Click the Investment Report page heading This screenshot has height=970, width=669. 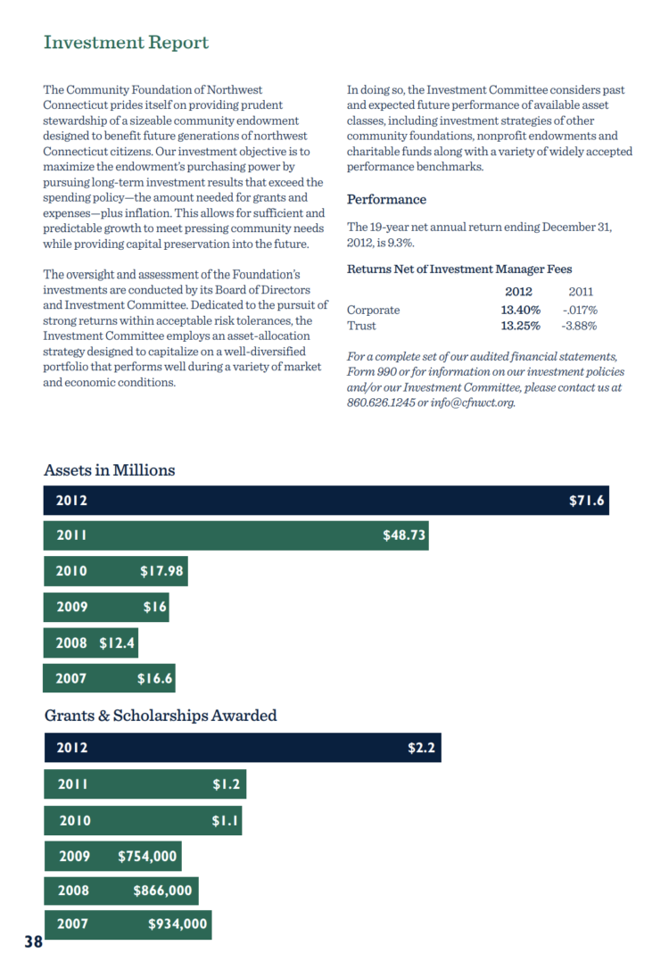(126, 42)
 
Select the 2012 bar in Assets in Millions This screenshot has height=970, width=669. (326, 501)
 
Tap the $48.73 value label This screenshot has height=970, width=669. (403, 535)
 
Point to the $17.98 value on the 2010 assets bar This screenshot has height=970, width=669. (161, 571)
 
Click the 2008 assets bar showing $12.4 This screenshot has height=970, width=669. (90, 643)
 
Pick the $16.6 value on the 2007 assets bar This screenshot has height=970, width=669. (154, 678)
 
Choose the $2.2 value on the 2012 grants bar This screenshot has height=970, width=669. (421, 748)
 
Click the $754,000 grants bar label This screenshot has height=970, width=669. (148, 856)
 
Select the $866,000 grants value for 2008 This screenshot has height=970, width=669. (162, 890)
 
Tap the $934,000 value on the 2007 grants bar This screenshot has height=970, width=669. (178, 924)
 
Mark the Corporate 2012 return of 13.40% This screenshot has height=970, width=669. (521, 310)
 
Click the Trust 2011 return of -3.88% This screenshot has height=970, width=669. (579, 326)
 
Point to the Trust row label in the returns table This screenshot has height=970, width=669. (361, 326)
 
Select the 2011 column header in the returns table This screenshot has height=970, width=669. (581, 292)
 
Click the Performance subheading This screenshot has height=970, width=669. (386, 199)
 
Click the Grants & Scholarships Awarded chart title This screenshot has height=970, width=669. (161, 715)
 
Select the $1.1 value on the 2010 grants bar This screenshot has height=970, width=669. (226, 820)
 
